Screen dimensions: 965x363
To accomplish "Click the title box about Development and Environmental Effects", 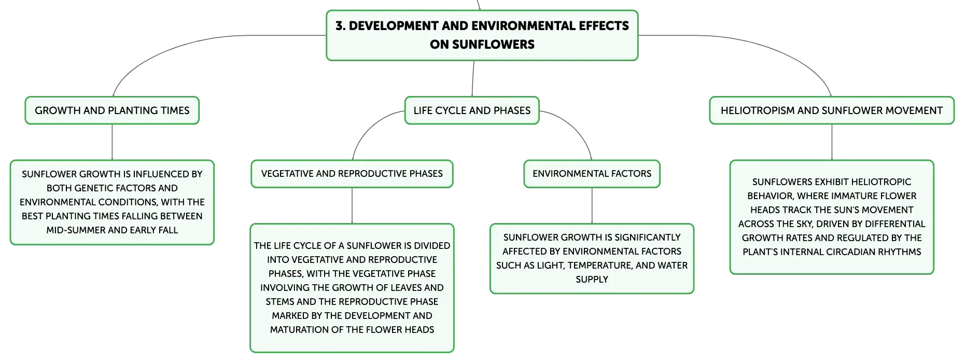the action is pyautogui.click(x=482, y=35).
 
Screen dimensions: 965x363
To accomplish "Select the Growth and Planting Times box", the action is pyautogui.click(x=112, y=110).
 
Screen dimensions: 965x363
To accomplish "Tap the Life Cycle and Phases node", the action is pyautogui.click(x=472, y=110).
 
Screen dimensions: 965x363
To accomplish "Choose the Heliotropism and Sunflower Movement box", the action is pyautogui.click(x=832, y=110).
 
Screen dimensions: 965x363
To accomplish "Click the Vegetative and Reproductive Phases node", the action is pyautogui.click(x=352, y=174).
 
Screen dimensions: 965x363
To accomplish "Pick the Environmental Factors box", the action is pyautogui.click(x=592, y=174).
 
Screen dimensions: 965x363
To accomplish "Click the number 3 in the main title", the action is pyautogui.click(x=339, y=26).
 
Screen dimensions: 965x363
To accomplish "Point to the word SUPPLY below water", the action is pyautogui.click(x=592, y=280).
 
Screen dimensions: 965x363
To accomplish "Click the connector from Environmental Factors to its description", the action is pyautogui.click(x=592, y=206).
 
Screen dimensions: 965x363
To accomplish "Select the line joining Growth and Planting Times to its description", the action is pyautogui.click(x=112, y=143).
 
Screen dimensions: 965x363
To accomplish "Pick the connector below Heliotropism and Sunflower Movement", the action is pyautogui.click(x=832, y=143).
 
